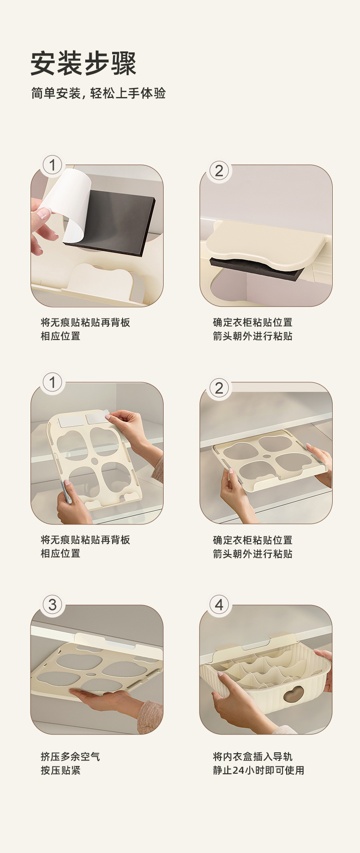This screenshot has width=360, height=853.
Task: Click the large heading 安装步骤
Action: (x=84, y=63)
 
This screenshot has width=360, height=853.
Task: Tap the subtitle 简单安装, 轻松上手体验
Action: (x=98, y=93)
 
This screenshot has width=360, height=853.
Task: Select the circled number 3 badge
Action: (x=52, y=605)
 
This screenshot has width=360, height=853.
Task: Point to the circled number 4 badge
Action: (x=219, y=605)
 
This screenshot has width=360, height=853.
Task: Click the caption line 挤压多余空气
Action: (x=70, y=756)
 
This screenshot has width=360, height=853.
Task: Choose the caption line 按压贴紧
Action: (x=61, y=770)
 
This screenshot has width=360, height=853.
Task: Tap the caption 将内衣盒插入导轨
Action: (x=253, y=756)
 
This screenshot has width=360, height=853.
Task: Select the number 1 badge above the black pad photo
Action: (x=52, y=165)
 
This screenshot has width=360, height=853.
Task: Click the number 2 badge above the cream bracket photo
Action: (x=219, y=171)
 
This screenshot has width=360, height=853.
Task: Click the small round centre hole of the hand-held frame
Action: (x=95, y=461)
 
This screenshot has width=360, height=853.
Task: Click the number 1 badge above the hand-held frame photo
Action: (x=52, y=382)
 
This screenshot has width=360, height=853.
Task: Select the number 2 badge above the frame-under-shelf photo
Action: (x=219, y=388)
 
